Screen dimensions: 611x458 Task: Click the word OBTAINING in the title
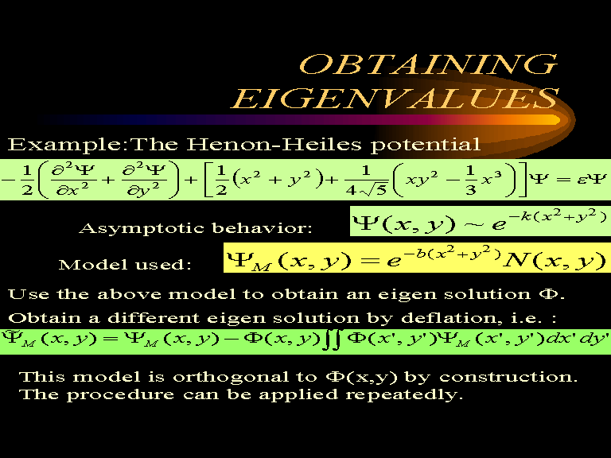point(429,64)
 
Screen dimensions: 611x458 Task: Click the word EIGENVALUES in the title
point(395,98)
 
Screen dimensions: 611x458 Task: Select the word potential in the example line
point(425,146)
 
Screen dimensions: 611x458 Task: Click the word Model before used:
point(92,265)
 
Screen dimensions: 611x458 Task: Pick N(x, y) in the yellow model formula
point(554,260)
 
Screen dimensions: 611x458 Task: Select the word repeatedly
point(404,395)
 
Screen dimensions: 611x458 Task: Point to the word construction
point(508,377)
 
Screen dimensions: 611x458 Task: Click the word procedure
point(120,395)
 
